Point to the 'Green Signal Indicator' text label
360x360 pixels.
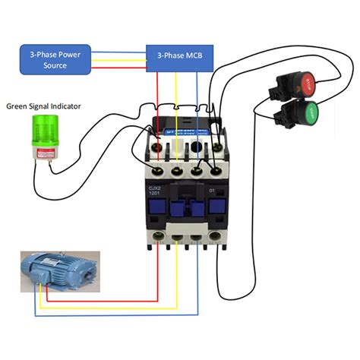[43, 106]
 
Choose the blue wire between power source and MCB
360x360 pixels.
[119, 52]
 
